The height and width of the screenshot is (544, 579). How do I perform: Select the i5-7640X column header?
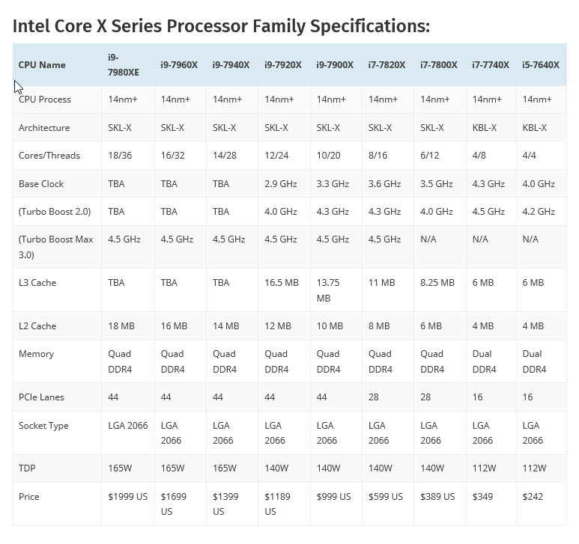540,65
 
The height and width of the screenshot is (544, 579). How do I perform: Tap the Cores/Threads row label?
49,156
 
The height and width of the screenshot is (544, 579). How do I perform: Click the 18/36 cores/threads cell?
120,156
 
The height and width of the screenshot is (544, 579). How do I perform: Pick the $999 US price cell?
333,497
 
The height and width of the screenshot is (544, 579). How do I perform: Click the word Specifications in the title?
351,27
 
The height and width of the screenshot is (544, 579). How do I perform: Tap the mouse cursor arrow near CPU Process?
18,86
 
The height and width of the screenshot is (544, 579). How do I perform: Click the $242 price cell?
534,497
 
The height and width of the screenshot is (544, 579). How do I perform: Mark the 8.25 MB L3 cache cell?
437,283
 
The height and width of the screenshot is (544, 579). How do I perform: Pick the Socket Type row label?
43,426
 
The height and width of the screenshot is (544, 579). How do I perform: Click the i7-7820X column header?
386,65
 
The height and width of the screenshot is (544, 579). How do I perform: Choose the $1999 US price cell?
128,497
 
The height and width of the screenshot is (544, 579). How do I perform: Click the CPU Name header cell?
42,65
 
